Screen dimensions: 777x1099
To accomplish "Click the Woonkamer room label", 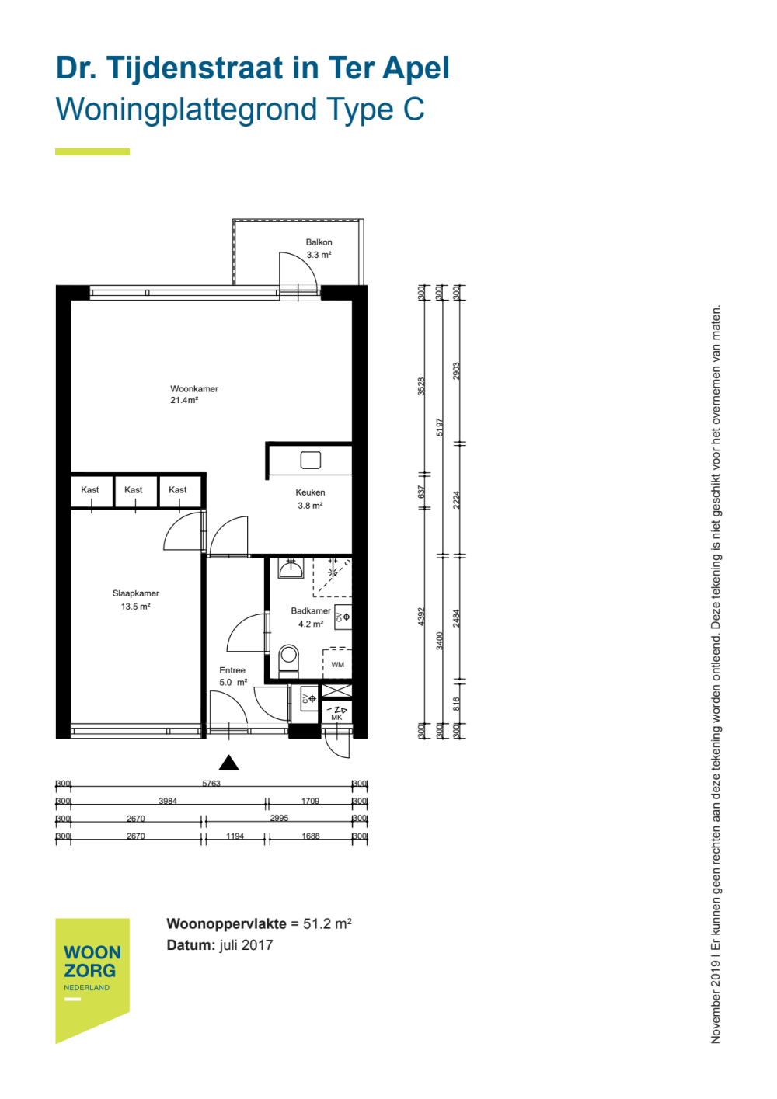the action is pyautogui.click(x=194, y=388).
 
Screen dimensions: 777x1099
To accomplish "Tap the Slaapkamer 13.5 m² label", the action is pyautogui.click(x=135, y=600).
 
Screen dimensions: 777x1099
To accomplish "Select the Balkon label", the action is pyautogui.click(x=319, y=242).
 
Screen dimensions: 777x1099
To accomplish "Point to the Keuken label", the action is pyautogui.click(x=310, y=492).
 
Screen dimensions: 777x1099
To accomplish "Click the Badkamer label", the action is pyautogui.click(x=310, y=610).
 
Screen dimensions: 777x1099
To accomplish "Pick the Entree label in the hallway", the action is pyautogui.click(x=232, y=670).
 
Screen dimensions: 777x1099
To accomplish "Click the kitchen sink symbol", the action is pyautogui.click(x=310, y=461).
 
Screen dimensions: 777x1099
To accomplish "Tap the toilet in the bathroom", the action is pyautogui.click(x=288, y=661).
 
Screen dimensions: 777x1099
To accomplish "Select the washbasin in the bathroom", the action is pyautogui.click(x=291, y=569).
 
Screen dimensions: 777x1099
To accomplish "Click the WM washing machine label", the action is pyautogui.click(x=337, y=665).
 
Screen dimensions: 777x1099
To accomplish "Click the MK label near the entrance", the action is pyautogui.click(x=336, y=718).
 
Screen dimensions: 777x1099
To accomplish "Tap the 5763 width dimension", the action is pyautogui.click(x=211, y=783).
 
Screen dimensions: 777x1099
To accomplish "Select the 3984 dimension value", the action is pyautogui.click(x=167, y=801).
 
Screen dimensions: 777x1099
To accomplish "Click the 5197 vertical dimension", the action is pyautogui.click(x=439, y=427).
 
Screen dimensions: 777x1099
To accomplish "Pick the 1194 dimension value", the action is pyautogui.click(x=235, y=836).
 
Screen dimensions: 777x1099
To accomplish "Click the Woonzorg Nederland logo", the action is pyautogui.click(x=92, y=980).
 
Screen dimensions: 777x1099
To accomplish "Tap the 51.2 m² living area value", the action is pyautogui.click(x=327, y=923).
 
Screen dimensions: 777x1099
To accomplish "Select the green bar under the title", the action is pyautogui.click(x=92, y=151).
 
